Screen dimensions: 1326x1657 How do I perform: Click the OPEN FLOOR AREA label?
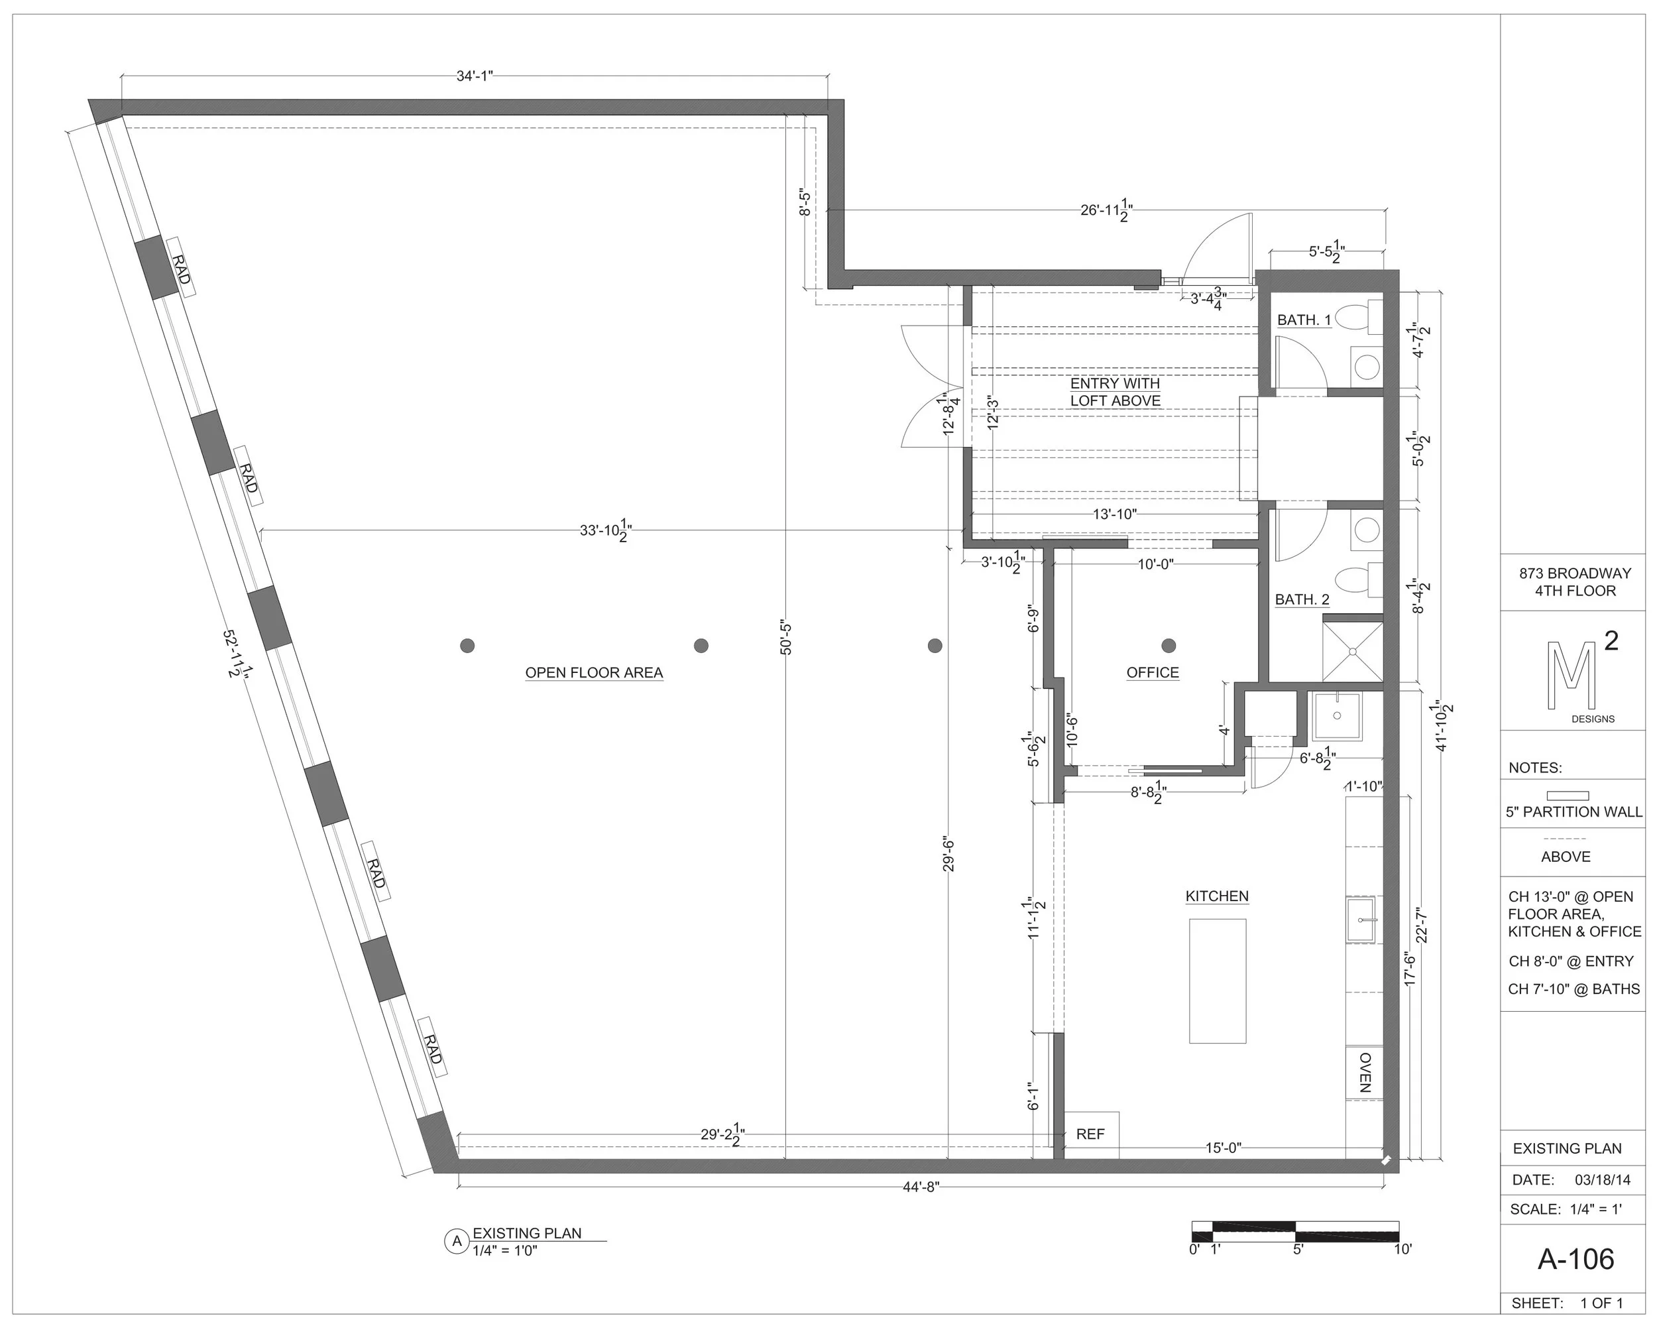[593, 672]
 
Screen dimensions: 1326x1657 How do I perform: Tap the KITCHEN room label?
[1217, 896]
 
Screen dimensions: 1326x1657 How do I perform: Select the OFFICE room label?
[1152, 672]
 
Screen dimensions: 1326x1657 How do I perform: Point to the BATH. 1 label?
[1304, 320]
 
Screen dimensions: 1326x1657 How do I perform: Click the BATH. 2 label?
[1302, 599]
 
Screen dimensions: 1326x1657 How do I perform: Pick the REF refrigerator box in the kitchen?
[1090, 1134]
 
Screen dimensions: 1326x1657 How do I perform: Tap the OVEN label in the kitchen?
[1364, 1072]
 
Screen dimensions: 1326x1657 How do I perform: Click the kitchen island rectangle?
[1218, 981]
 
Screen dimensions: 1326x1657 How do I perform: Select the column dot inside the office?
[1169, 645]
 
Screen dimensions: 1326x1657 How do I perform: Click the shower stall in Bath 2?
[1352, 651]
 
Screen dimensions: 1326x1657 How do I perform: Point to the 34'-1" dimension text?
[474, 76]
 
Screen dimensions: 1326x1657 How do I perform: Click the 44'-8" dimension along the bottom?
[921, 1187]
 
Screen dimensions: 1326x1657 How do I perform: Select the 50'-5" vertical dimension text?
[785, 637]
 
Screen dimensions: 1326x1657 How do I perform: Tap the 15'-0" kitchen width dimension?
[1223, 1148]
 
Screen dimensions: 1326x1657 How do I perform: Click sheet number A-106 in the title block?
[1575, 1258]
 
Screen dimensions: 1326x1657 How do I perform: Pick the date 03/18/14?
[1602, 1179]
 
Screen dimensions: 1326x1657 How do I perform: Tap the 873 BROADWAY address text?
[1575, 573]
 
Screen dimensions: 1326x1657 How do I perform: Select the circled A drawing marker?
[457, 1241]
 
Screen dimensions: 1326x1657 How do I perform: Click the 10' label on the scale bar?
[1402, 1249]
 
